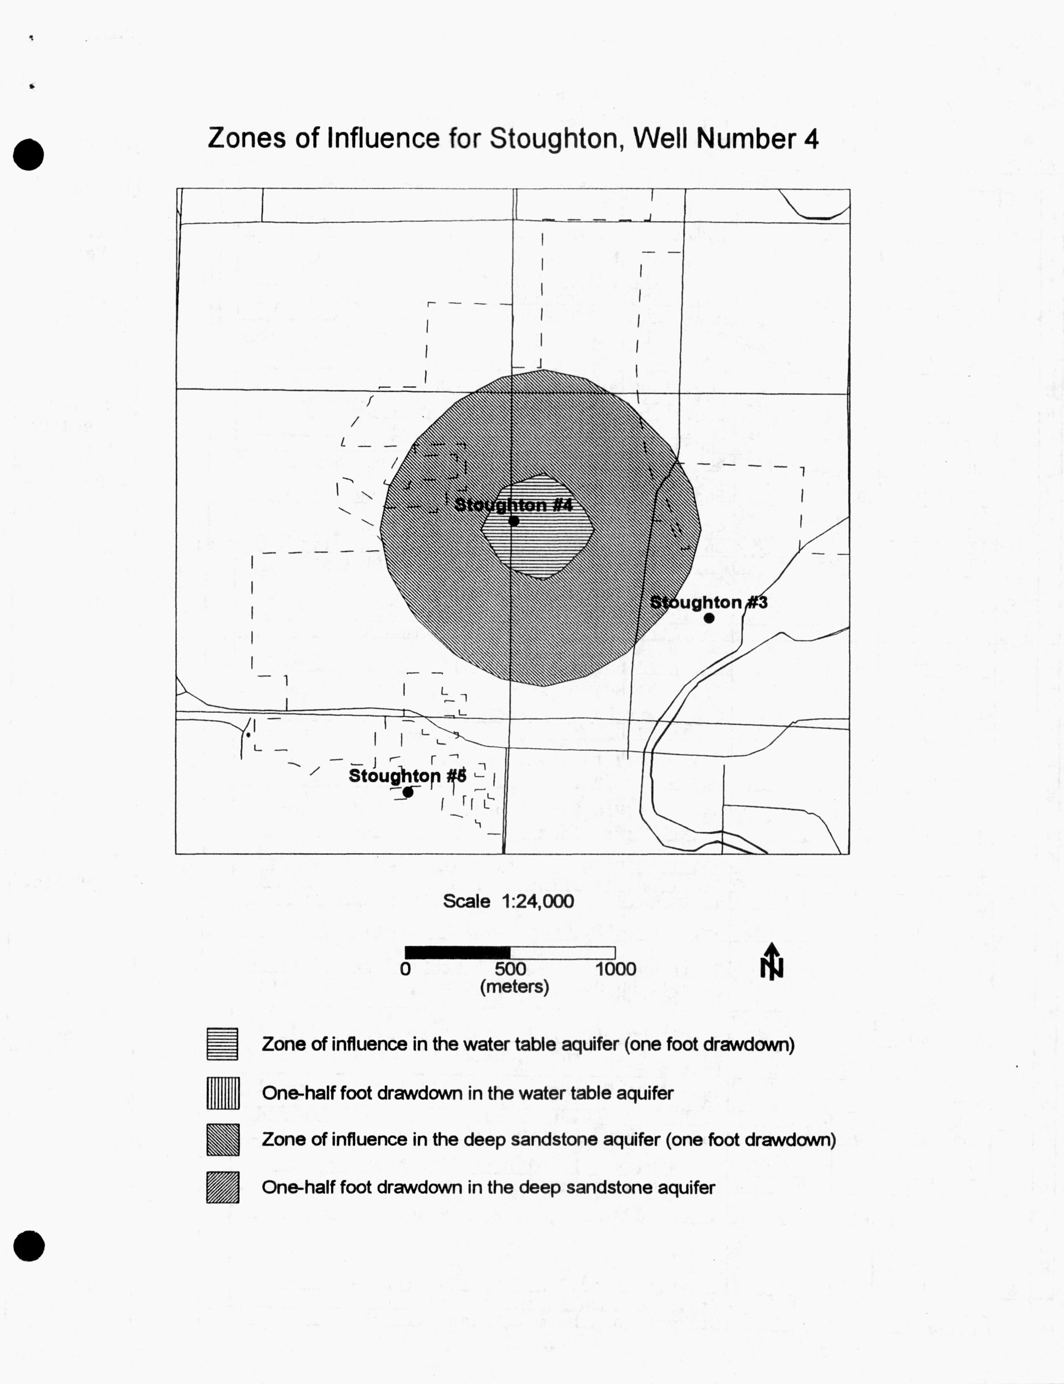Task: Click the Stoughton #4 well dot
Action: pyautogui.click(x=514, y=521)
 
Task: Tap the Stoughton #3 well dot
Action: pyautogui.click(x=709, y=618)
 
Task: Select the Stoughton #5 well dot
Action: pyautogui.click(x=408, y=792)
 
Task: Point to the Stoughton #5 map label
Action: pyautogui.click(x=407, y=776)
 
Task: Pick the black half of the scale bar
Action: pyautogui.click(x=457, y=952)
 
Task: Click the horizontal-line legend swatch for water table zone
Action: pyautogui.click(x=222, y=1044)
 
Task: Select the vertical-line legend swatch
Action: pyautogui.click(x=223, y=1093)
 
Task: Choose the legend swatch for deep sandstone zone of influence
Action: pyautogui.click(x=223, y=1140)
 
